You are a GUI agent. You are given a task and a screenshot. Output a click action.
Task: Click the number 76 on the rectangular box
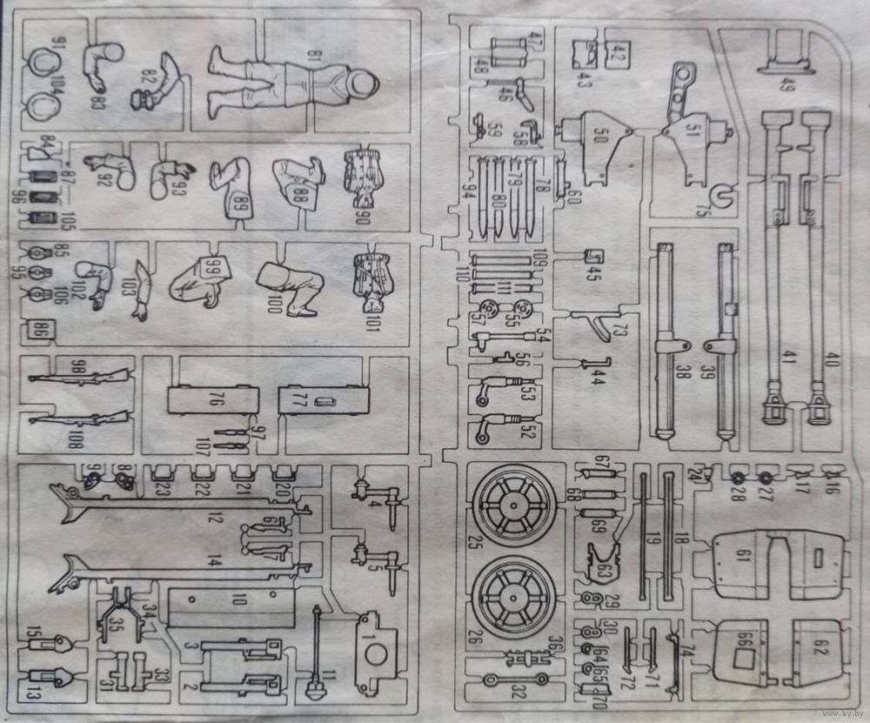tap(215, 401)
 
